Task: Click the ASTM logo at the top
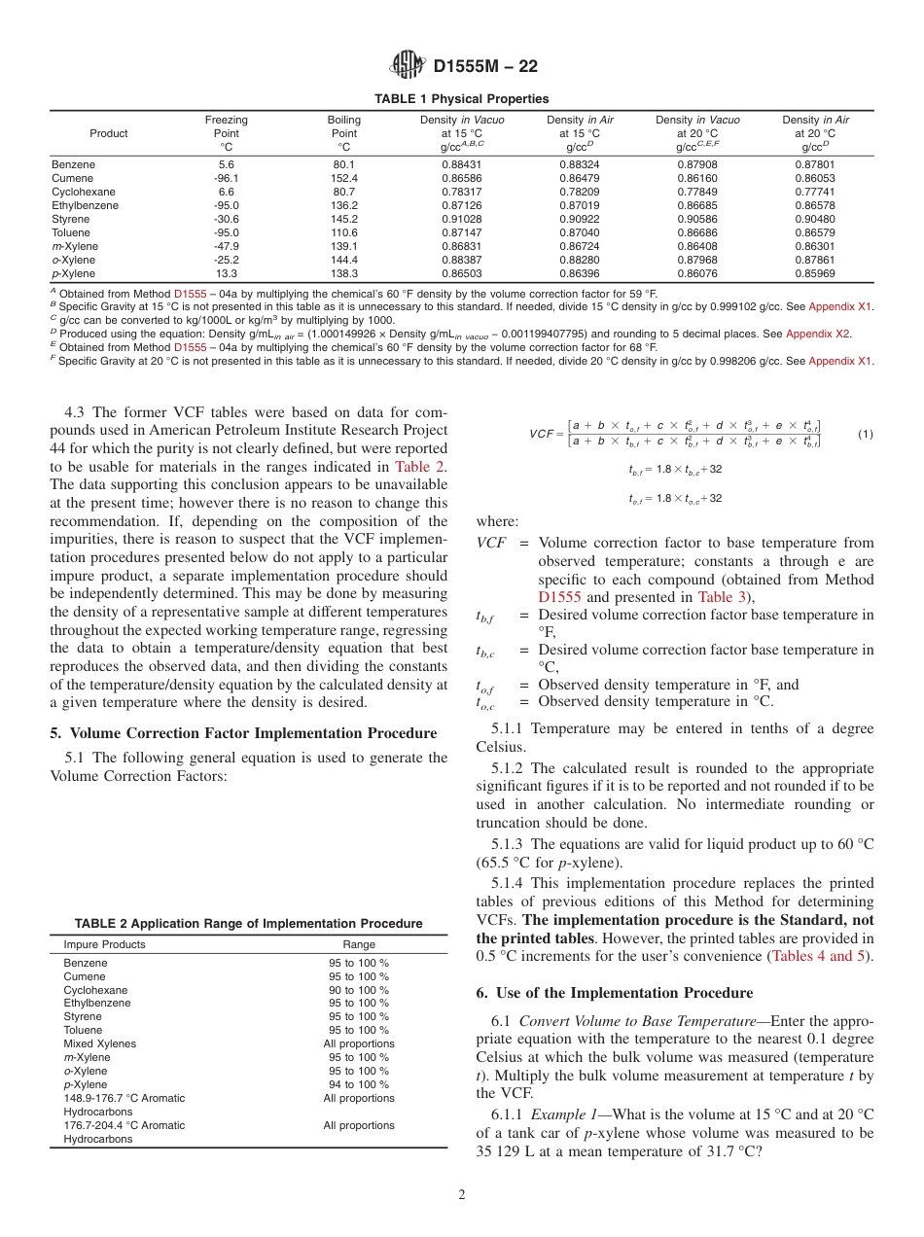pyautogui.click(x=407, y=66)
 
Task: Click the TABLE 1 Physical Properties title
pyautogui.click(x=462, y=99)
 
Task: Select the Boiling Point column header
pyautogui.click(x=344, y=133)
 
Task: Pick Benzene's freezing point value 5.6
pyautogui.click(x=227, y=165)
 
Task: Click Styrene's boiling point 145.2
pyautogui.click(x=344, y=220)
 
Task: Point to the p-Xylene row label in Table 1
pyautogui.click(x=71, y=274)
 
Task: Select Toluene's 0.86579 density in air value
pyautogui.click(x=815, y=233)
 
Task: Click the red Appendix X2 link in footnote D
pyautogui.click(x=817, y=334)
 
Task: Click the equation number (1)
pyautogui.click(x=865, y=435)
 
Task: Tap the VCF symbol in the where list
pyautogui.click(x=490, y=544)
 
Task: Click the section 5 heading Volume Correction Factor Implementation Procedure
pyautogui.click(x=243, y=733)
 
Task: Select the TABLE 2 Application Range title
pyautogui.click(x=249, y=924)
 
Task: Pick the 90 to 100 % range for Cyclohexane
pyautogui.click(x=359, y=990)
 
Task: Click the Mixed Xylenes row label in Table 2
pyautogui.click(x=100, y=1043)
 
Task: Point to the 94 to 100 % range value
pyautogui.click(x=359, y=1084)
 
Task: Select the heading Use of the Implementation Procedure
pyautogui.click(x=623, y=993)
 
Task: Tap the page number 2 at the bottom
pyautogui.click(x=462, y=1195)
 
